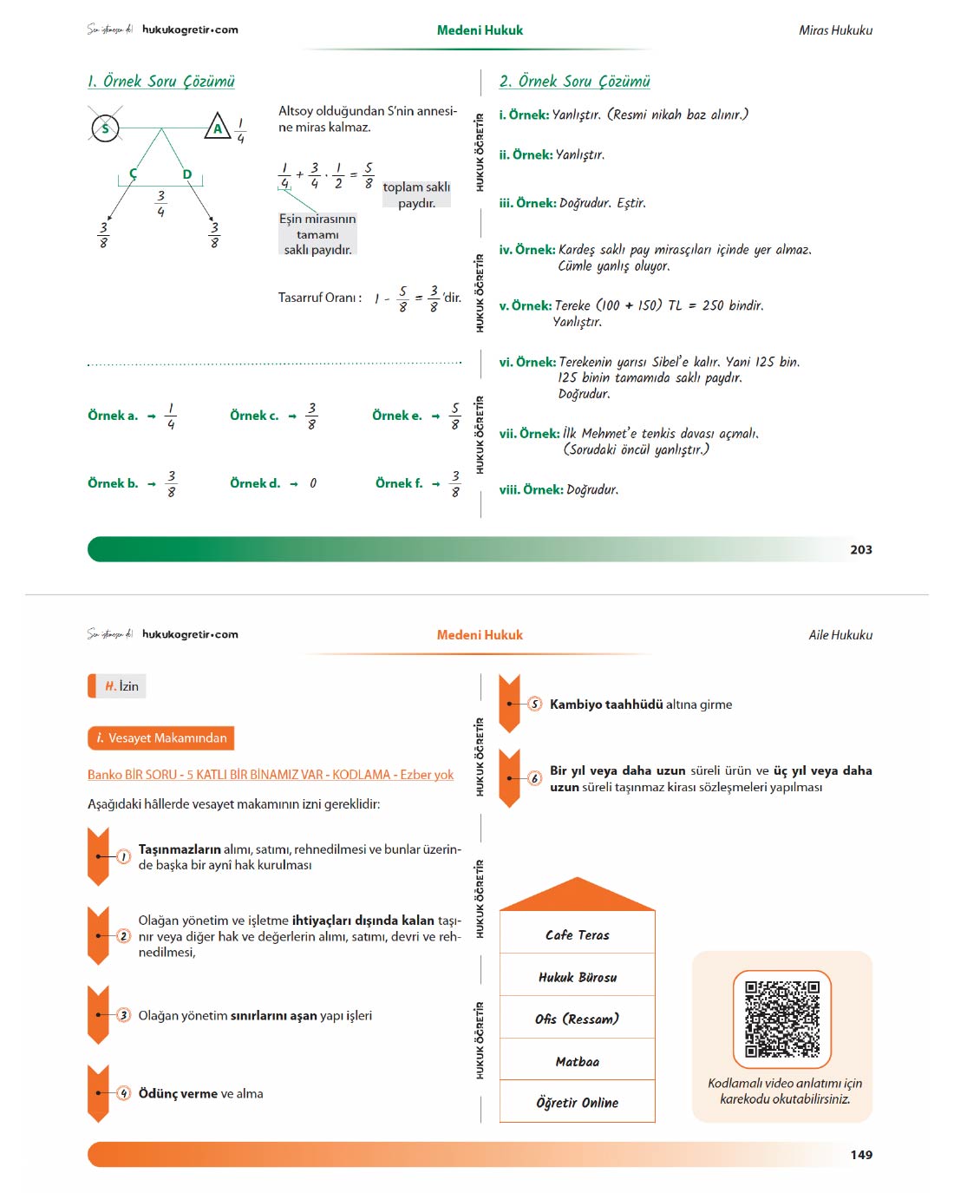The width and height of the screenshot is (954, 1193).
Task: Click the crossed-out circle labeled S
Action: pyautogui.click(x=105, y=128)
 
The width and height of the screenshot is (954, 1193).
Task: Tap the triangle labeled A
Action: pyautogui.click(x=218, y=126)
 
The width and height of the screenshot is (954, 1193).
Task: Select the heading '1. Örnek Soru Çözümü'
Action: pyautogui.click(x=160, y=82)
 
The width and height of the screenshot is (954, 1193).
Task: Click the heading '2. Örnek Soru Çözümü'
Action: pyautogui.click(x=574, y=82)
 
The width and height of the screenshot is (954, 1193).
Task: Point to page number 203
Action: pyautogui.click(x=861, y=549)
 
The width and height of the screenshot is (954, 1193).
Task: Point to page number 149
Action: pyautogui.click(x=861, y=1155)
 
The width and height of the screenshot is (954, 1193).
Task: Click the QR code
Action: pyautogui.click(x=781, y=1019)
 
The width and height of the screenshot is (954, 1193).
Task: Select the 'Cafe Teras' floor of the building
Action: pyautogui.click(x=577, y=935)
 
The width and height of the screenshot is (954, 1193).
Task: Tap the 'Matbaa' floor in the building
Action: pyautogui.click(x=577, y=1062)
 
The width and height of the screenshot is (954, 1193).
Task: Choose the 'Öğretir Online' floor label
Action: pyautogui.click(x=577, y=1103)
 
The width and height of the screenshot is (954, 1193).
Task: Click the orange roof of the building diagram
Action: pyautogui.click(x=577, y=895)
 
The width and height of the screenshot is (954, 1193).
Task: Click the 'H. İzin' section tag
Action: pyautogui.click(x=117, y=685)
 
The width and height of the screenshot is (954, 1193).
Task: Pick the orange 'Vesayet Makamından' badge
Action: pyautogui.click(x=160, y=737)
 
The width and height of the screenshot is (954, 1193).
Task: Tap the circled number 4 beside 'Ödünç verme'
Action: pyautogui.click(x=124, y=1094)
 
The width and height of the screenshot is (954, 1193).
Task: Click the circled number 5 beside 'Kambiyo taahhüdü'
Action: pyautogui.click(x=534, y=704)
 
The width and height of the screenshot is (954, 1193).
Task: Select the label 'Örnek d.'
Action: pyautogui.click(x=255, y=483)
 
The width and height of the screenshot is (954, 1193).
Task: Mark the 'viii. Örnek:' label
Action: pyautogui.click(x=531, y=489)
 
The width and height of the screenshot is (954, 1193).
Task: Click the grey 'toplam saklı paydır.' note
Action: pyautogui.click(x=416, y=194)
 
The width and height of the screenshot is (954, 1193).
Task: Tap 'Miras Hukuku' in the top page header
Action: pyautogui.click(x=835, y=30)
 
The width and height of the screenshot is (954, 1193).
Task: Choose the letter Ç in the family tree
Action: pyautogui.click(x=133, y=174)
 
